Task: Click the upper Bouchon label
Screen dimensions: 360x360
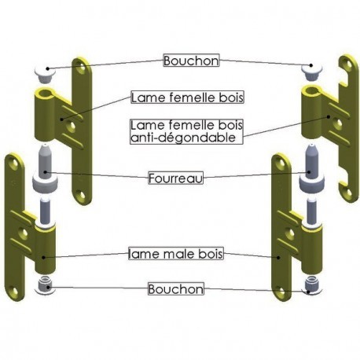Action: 191,61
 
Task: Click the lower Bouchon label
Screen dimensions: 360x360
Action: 176,289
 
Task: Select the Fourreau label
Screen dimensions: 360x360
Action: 175,178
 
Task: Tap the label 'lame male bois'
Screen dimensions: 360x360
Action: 176,253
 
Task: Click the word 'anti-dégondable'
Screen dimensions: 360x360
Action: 183,138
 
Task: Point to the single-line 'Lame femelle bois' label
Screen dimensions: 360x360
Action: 187,97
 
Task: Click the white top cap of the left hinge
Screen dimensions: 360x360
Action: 45,73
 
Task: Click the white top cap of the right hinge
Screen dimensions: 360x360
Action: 311,72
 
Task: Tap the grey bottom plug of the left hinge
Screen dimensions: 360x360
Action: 45,286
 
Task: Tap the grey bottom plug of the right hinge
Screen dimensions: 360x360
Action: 312,285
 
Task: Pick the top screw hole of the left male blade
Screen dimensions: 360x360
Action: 13,163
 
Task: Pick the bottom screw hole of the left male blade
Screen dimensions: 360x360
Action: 13,292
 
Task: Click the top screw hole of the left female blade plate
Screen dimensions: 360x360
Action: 82,67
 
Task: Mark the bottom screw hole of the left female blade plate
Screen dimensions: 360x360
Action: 82,196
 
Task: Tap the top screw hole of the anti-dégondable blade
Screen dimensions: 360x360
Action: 349,64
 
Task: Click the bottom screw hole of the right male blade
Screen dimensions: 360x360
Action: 281,292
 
